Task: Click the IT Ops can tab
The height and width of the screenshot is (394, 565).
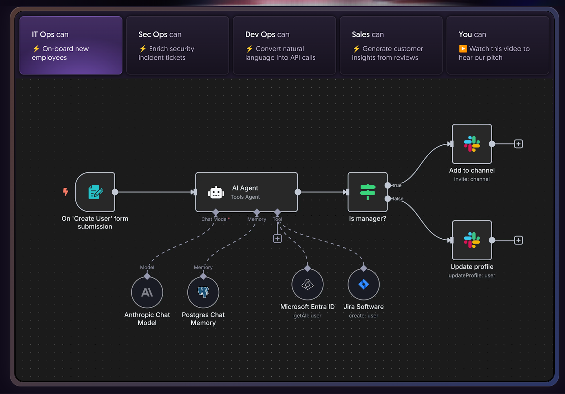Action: click(x=71, y=45)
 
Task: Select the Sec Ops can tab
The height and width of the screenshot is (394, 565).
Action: click(x=177, y=45)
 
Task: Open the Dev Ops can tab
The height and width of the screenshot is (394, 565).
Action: click(x=284, y=45)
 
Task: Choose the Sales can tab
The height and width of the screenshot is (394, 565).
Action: click(x=391, y=45)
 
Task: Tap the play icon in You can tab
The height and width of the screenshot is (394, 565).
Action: click(x=463, y=49)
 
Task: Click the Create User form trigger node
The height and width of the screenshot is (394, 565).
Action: click(x=95, y=192)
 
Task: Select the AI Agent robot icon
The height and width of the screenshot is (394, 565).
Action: click(x=216, y=192)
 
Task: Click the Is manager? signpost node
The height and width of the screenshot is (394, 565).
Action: click(x=368, y=192)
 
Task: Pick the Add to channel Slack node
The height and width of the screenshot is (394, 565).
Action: click(x=472, y=144)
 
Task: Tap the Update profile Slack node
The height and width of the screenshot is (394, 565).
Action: click(x=472, y=240)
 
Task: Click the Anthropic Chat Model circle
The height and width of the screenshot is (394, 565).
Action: click(x=147, y=292)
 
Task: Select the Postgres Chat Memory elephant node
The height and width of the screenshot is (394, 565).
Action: click(x=203, y=292)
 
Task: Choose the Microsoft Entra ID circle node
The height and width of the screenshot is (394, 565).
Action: click(x=307, y=284)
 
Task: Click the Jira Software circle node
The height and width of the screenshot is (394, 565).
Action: click(x=363, y=284)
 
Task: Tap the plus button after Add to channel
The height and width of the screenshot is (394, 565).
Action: click(x=518, y=144)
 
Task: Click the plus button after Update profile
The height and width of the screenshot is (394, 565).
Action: click(x=518, y=240)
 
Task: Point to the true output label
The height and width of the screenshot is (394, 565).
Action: click(x=397, y=185)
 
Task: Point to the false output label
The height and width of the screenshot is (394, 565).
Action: click(x=398, y=199)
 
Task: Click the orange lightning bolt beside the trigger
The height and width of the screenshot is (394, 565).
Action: click(x=66, y=192)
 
